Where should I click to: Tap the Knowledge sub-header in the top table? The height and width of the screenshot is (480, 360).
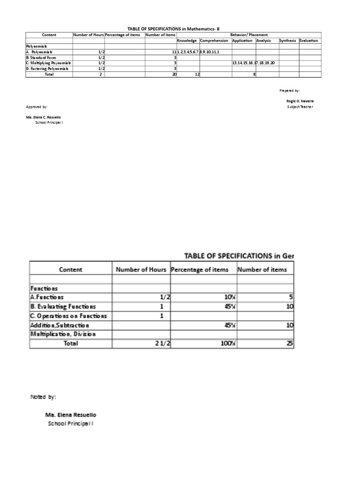point(187,41)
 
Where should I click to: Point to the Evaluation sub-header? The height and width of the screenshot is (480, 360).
point(309,41)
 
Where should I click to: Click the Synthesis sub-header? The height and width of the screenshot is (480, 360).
point(287,41)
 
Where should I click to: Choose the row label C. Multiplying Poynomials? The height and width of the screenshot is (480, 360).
point(47,63)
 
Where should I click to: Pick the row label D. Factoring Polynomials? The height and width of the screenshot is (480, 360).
point(47,68)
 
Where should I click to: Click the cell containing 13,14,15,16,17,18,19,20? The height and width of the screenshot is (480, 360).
point(254,63)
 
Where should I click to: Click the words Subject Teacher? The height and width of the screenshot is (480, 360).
point(300,107)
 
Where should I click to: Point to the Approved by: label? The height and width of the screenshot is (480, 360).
point(37,107)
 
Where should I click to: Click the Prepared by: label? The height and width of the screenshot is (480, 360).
point(290,90)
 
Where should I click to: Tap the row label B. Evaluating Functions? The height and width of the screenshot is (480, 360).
point(63,307)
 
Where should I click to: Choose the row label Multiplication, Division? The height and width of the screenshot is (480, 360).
point(63,334)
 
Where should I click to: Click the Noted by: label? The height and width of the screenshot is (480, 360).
point(43,397)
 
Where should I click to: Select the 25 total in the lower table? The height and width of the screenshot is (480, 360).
point(290,344)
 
